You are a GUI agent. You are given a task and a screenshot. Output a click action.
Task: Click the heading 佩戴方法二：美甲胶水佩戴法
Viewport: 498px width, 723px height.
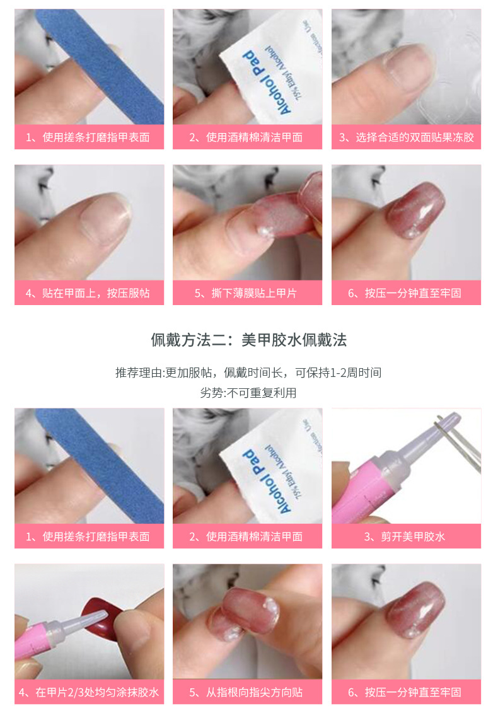coord(248,340)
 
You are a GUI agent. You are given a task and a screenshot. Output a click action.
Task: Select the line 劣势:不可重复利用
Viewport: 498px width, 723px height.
coord(248,393)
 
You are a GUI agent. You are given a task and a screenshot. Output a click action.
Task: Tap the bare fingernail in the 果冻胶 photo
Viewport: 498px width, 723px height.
coord(410,63)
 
